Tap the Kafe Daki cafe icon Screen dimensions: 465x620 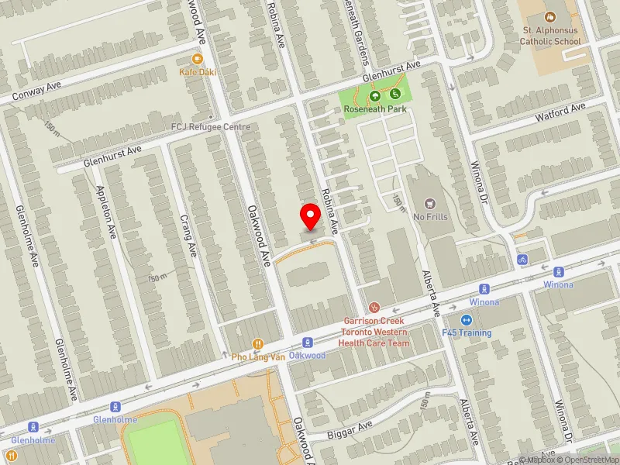[197, 59]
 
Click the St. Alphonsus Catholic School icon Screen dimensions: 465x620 [550, 16]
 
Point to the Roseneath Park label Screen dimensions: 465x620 [375, 109]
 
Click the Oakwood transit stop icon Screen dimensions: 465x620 [307, 342]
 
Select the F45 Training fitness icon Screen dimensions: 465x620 [467, 320]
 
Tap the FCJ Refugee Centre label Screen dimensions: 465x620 [210, 126]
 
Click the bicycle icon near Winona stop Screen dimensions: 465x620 [522, 259]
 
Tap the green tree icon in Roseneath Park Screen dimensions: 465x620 [375, 96]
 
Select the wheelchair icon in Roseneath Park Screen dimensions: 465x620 [396, 94]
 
